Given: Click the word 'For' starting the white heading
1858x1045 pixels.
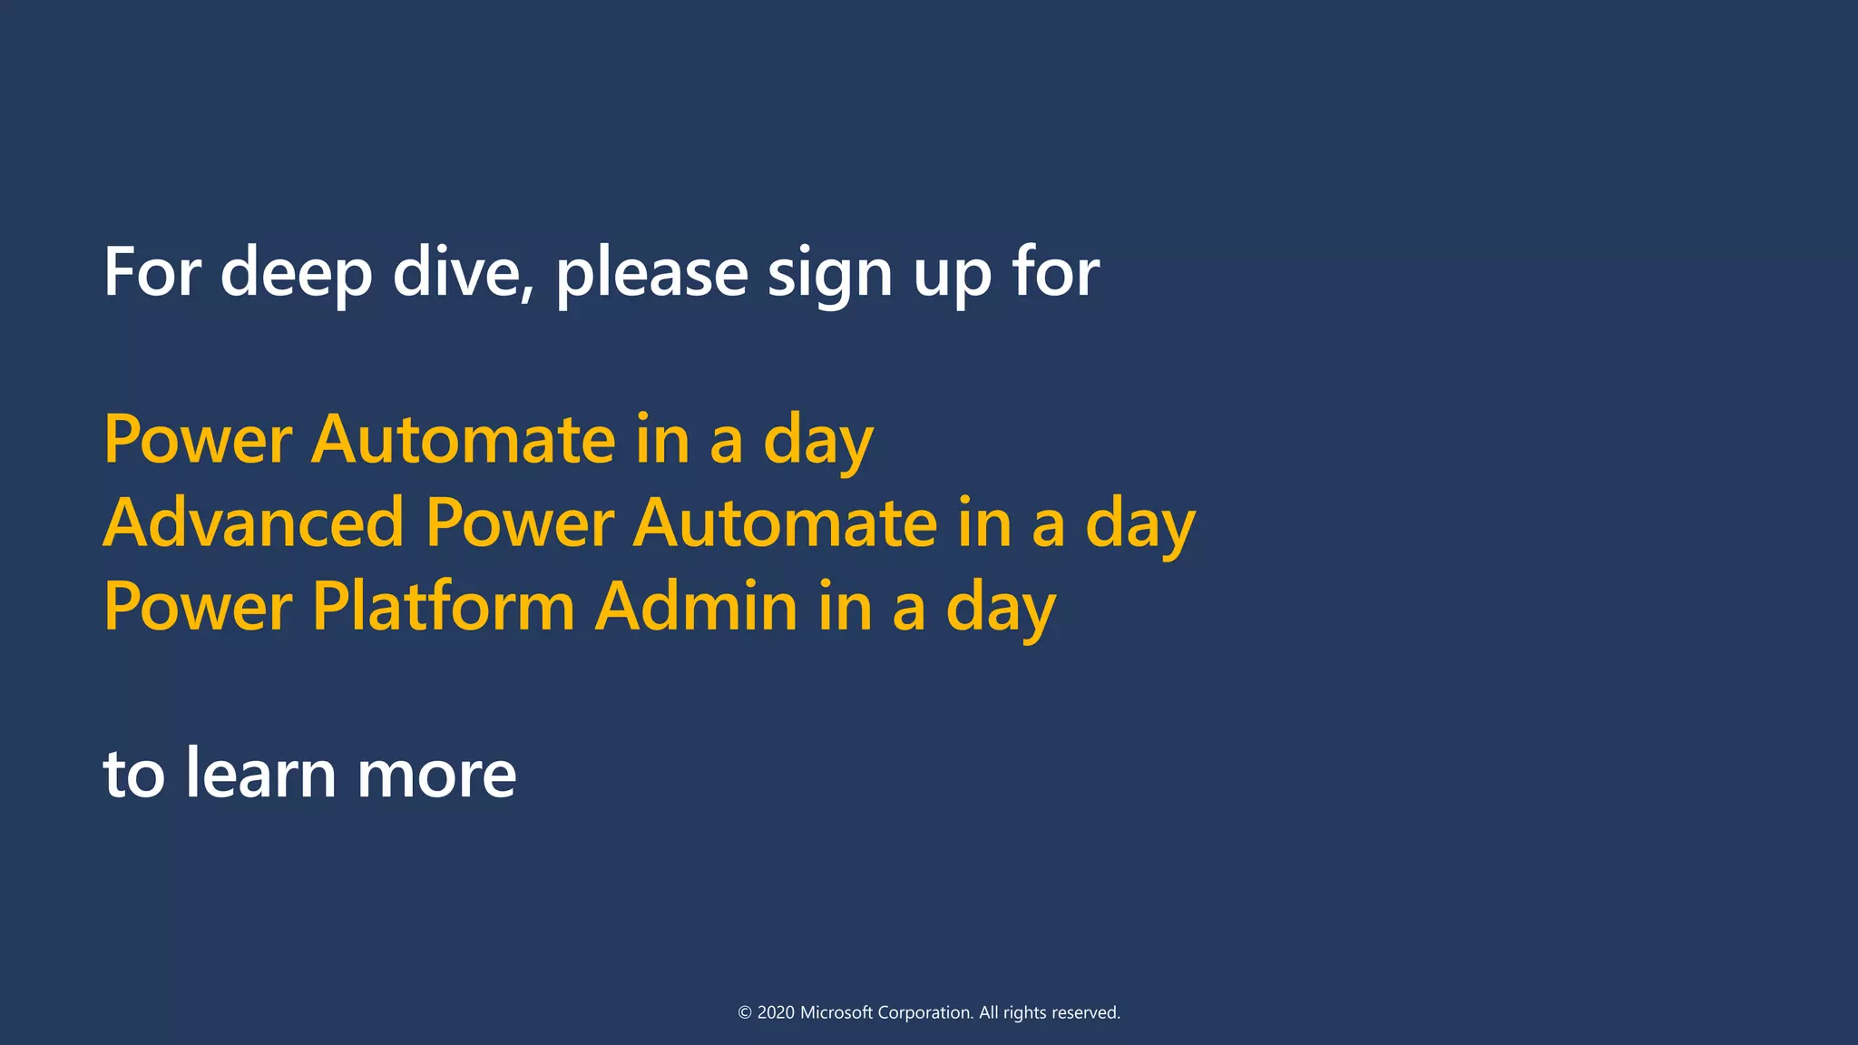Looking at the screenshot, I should pos(152,271).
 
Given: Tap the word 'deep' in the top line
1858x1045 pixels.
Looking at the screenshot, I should pos(296,273).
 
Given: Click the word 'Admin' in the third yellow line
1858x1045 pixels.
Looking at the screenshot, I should pos(696,606).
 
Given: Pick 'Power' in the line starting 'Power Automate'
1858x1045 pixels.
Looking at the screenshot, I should pos(197,439).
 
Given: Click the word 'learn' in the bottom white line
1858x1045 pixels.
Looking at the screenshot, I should pos(260,773).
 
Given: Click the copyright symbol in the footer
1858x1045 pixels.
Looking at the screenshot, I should pos(745,1013).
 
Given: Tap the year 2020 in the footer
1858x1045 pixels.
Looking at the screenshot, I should pos(776,1012).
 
